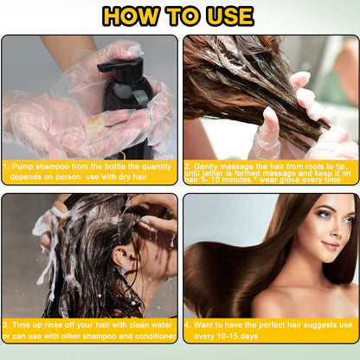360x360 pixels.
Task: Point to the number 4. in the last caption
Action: [x=188, y=325]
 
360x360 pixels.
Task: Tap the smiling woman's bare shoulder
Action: [x=286, y=299]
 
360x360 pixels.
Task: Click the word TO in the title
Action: [x=180, y=16]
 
